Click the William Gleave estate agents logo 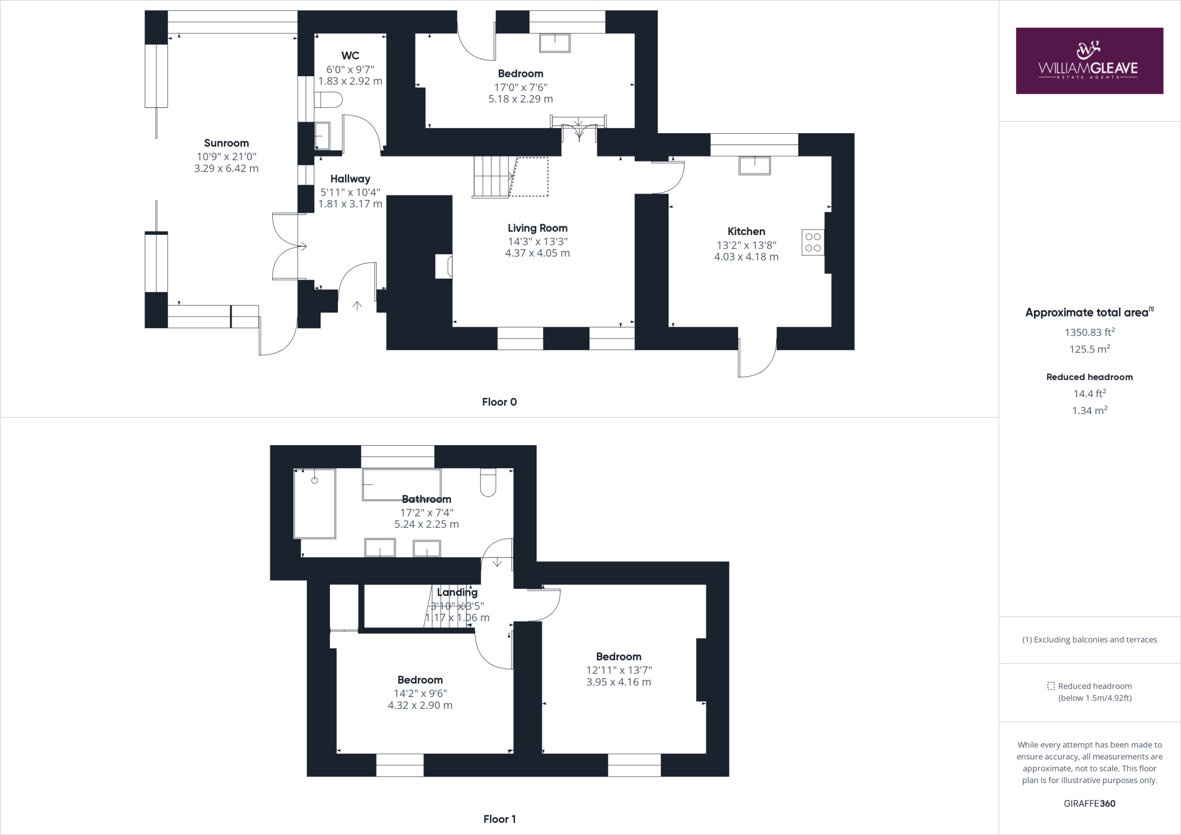[1089, 61]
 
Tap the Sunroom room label [226, 143]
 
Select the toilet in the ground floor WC [329, 99]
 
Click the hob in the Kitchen [813, 242]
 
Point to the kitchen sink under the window [754, 166]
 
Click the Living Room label [537, 228]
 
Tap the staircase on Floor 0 [492, 176]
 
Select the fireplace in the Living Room [444, 266]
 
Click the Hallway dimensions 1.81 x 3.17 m [350, 204]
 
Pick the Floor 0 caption [499, 402]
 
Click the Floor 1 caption [499, 819]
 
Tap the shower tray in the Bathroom [315, 503]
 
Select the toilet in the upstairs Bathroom [488, 483]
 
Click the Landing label [457, 592]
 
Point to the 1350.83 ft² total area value [1089, 332]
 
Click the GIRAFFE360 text [1089, 803]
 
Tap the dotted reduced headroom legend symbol [1050, 686]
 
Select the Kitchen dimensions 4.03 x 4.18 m [746, 257]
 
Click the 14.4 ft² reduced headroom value [1089, 394]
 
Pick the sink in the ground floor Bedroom [555, 43]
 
